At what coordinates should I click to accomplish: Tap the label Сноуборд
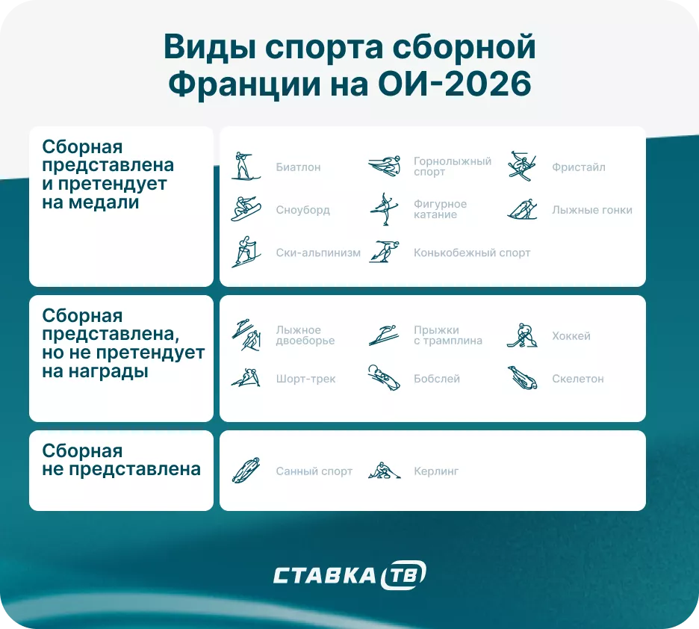302,210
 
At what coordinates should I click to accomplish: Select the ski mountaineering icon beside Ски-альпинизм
244,252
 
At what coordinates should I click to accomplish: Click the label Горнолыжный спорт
452,167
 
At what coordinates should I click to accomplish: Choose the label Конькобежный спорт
471,253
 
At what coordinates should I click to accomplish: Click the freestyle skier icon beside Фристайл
521,167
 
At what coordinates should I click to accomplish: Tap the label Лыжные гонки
591,210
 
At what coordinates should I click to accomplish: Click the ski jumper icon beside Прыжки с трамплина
383,335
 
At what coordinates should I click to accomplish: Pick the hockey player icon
521,335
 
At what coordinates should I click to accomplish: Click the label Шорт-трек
305,379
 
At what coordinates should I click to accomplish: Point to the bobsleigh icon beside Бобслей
383,378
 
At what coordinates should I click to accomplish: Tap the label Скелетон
577,379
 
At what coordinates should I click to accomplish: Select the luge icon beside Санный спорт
244,471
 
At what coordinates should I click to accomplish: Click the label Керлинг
435,471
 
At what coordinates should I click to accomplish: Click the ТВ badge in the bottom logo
404,575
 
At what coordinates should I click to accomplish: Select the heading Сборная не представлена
121,460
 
